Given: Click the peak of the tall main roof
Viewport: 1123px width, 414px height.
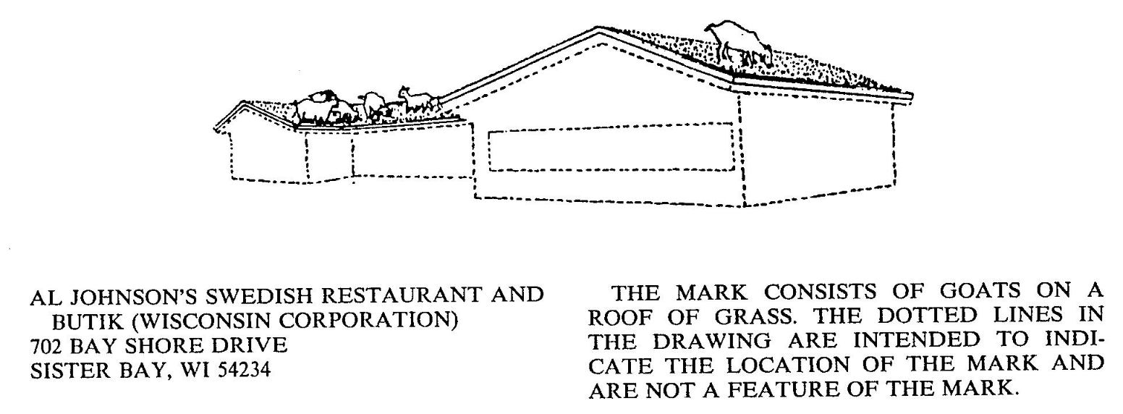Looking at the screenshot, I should pyautogui.click(x=598, y=30).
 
